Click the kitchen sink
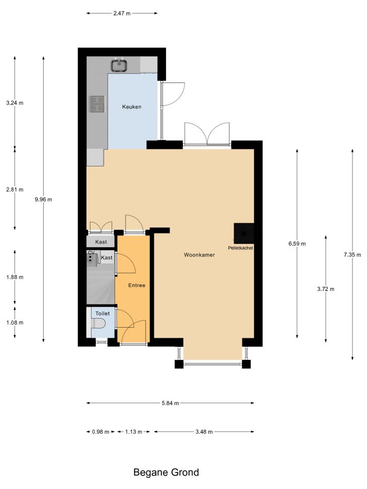click(119, 65)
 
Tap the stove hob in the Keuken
click(98, 104)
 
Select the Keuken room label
click(132, 107)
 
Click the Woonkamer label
click(200, 255)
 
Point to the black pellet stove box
click(244, 233)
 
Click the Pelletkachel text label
click(240, 248)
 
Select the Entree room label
click(137, 285)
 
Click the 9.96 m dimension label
click(43, 200)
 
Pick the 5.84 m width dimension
click(170, 403)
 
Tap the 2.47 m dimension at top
click(122, 13)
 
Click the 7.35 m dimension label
click(352, 254)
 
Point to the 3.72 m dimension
click(326, 289)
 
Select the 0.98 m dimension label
click(101, 432)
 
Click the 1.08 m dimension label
click(15, 323)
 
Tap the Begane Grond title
click(166, 472)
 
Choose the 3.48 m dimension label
click(204, 432)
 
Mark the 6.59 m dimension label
click(297, 244)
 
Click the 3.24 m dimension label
click(15, 103)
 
